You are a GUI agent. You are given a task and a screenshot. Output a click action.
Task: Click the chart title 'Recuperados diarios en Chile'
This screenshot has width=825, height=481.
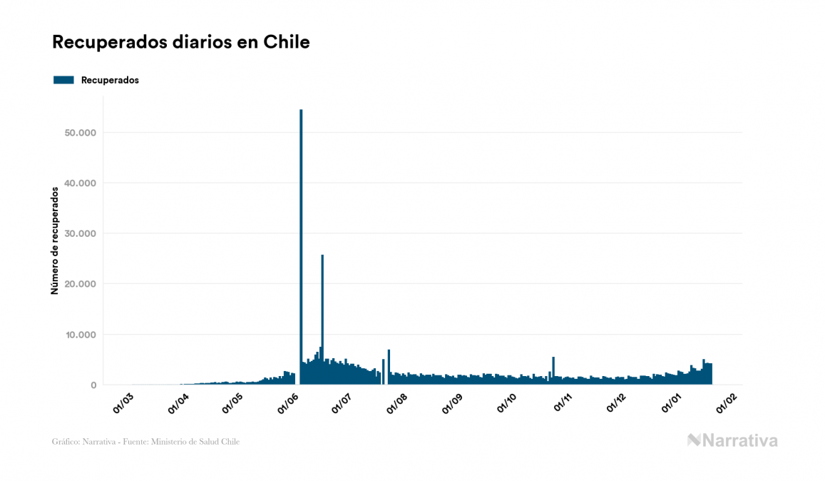tap(181, 42)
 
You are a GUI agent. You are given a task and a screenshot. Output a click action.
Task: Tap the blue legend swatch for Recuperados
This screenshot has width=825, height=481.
tap(63, 80)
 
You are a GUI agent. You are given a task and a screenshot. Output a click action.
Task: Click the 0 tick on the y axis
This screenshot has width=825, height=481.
tap(93, 385)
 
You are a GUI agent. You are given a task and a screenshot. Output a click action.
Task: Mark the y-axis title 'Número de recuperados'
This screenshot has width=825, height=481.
tap(54, 241)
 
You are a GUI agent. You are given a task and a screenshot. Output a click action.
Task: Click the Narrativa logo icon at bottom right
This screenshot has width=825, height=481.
tap(695, 440)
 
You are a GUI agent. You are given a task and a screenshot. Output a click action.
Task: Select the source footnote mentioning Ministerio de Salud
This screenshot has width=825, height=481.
tap(146, 442)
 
